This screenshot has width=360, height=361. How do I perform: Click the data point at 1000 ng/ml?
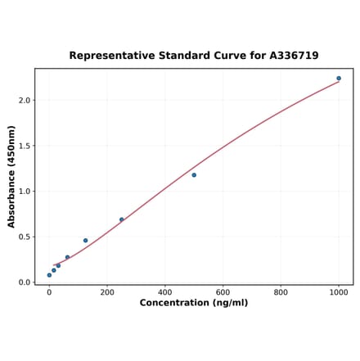tap(339, 79)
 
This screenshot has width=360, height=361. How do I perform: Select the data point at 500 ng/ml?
tap(194, 175)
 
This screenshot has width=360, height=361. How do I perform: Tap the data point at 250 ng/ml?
tap(122, 219)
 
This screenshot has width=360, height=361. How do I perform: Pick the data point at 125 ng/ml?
tap(85, 241)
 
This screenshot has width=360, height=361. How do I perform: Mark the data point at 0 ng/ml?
tap(49, 275)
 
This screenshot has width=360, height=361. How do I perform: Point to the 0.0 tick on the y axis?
tap(25, 282)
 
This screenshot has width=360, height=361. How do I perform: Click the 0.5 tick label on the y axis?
tap(25, 237)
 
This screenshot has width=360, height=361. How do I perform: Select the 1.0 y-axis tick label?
tap(25, 192)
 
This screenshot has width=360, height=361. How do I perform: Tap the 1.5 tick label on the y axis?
tap(25, 146)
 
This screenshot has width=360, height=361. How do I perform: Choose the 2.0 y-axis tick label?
tap(25, 101)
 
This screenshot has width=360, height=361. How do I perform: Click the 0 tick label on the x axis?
tap(49, 291)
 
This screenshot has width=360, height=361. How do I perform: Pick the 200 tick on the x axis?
tap(107, 291)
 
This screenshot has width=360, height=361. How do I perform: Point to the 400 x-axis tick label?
tap(165, 291)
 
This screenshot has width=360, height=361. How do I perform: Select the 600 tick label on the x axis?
tap(223, 291)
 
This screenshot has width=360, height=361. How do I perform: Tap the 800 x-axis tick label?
tap(281, 291)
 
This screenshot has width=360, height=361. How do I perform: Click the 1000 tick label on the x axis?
tap(339, 291)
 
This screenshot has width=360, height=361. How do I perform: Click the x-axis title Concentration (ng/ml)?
tap(194, 303)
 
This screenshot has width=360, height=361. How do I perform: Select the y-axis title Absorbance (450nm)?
tap(11, 177)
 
